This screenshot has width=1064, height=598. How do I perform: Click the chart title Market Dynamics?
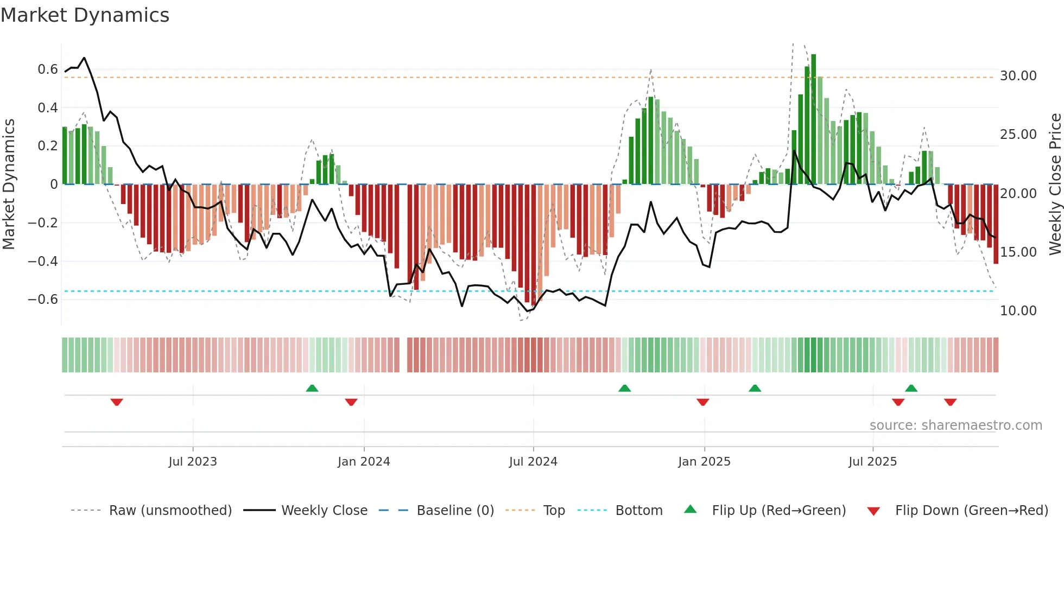click(x=85, y=15)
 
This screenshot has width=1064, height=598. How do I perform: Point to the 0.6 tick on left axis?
click(x=48, y=69)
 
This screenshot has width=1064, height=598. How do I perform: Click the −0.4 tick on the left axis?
click(x=43, y=261)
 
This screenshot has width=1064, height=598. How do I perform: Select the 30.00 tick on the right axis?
click(x=1018, y=76)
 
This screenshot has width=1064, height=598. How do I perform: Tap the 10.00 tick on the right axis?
click(x=1018, y=311)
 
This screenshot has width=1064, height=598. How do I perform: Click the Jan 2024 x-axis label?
click(x=364, y=462)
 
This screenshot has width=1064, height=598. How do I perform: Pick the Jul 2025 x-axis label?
click(x=872, y=462)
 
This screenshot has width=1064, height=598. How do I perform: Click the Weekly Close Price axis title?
click(x=1055, y=185)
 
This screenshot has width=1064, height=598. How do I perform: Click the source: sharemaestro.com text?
click(x=955, y=425)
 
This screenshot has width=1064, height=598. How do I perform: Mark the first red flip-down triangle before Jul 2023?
click(x=117, y=402)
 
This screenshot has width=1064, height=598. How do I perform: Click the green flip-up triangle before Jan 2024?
click(x=312, y=388)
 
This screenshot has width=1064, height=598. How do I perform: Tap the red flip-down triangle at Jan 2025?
click(x=703, y=402)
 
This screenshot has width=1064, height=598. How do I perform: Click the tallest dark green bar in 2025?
click(x=813, y=119)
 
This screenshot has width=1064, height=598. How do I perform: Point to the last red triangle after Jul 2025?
click(x=950, y=402)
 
